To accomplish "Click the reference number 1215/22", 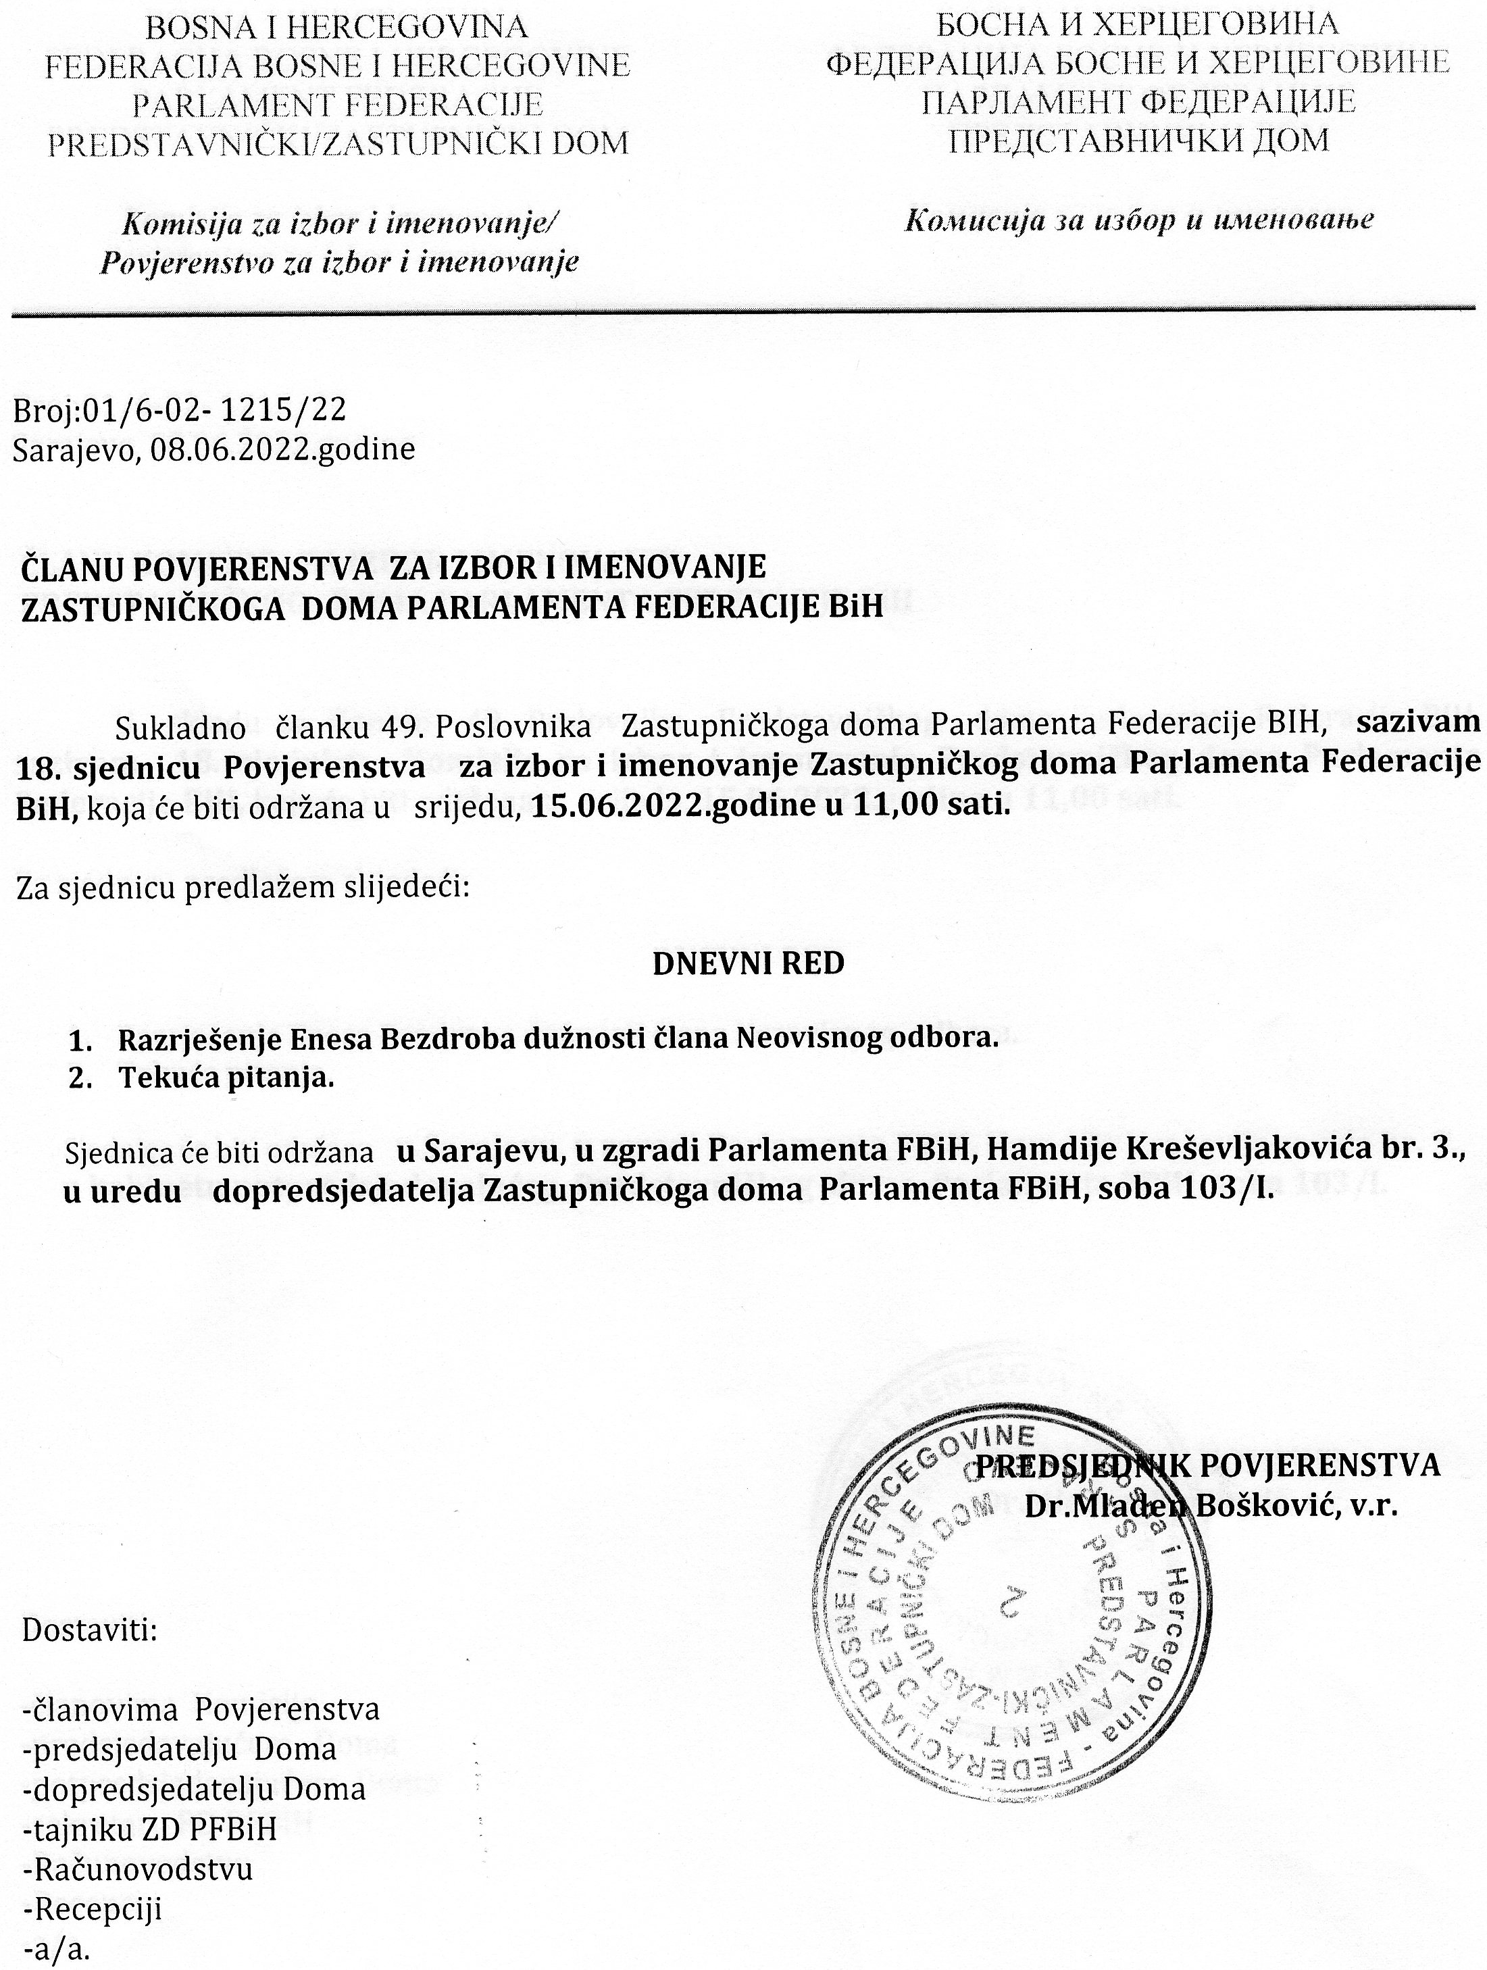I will click(x=283, y=411).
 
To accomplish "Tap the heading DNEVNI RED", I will click(x=748, y=963).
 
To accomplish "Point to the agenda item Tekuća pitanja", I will click(x=227, y=1078).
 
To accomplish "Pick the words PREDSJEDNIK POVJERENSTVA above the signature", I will click(x=1208, y=1465).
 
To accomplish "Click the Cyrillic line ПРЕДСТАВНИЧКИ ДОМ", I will click(x=1138, y=141).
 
